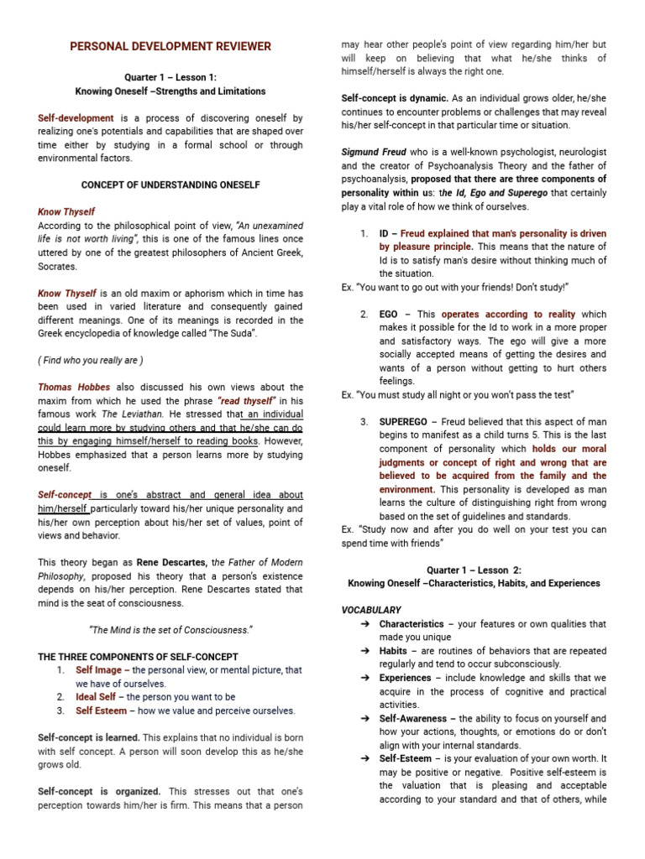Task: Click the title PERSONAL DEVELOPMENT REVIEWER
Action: click(170, 46)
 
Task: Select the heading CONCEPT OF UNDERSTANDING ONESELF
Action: click(170, 184)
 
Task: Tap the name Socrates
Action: click(57, 266)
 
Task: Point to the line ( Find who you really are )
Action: click(90, 360)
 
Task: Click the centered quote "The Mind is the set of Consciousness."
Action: click(170, 630)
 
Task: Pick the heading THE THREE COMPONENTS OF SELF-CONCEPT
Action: click(138, 656)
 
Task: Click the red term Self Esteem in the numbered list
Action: click(100, 711)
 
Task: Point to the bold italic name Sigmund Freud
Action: click(373, 152)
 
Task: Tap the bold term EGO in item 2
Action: click(388, 314)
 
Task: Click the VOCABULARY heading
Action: click(371, 610)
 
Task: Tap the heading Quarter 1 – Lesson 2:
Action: click(474, 570)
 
